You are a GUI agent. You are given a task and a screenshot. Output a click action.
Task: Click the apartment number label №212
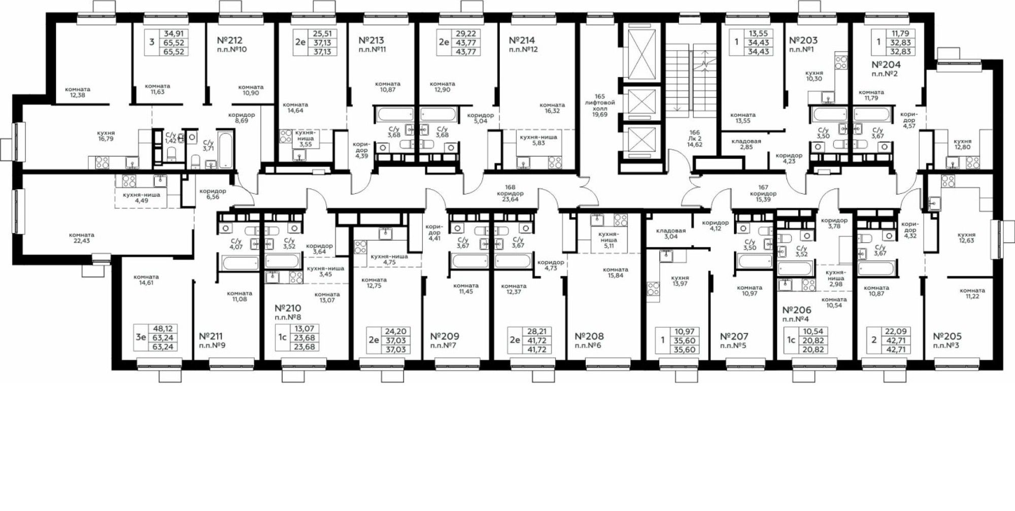[x=229, y=40]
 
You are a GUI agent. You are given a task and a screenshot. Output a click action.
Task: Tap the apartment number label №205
[x=947, y=336]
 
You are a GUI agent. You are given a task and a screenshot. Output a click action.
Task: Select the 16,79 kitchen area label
[x=106, y=135]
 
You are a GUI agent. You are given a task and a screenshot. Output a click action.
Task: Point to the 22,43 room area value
[x=82, y=237]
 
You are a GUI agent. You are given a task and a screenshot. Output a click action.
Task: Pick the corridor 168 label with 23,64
[x=510, y=193]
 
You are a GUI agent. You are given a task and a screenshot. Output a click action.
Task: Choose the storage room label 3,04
[x=670, y=233]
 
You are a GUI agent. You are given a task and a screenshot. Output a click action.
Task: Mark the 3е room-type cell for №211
[x=141, y=337]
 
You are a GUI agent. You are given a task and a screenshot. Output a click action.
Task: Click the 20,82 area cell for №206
[x=813, y=340]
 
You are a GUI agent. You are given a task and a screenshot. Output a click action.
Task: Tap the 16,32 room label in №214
[x=552, y=108]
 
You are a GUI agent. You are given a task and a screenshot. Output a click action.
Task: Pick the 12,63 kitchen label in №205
[x=967, y=237]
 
